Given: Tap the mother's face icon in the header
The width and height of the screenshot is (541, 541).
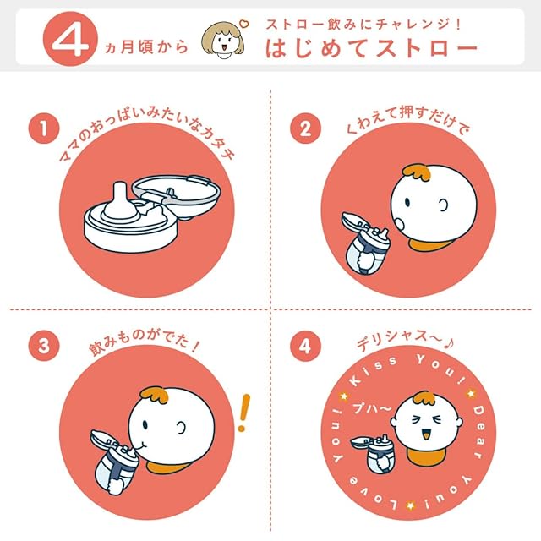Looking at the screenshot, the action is pyautogui.click(x=222, y=40).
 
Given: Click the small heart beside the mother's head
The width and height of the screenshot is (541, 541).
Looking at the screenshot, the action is pyautogui.click(x=243, y=24).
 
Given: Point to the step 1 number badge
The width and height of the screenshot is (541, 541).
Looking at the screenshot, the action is pyautogui.click(x=44, y=128).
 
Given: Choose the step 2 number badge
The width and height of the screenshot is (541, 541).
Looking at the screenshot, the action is pyautogui.click(x=305, y=128).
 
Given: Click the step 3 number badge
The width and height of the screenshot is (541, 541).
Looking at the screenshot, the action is pyautogui.click(x=44, y=346).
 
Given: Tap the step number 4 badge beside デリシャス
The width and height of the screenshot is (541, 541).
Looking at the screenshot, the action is pyautogui.click(x=305, y=346).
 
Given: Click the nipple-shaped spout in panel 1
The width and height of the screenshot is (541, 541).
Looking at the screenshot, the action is pyautogui.click(x=119, y=204).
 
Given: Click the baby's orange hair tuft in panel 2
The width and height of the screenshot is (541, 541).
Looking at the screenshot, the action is pyautogui.click(x=417, y=172).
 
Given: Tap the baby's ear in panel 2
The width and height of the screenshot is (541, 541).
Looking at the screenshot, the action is pyautogui.click(x=443, y=206).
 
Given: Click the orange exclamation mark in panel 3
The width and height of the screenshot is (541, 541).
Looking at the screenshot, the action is pyautogui.click(x=243, y=413).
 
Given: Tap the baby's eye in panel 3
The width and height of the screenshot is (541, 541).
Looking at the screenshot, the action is pyautogui.click(x=145, y=424).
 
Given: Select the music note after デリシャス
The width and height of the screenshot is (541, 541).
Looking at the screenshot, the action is pyautogui.click(x=449, y=343).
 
